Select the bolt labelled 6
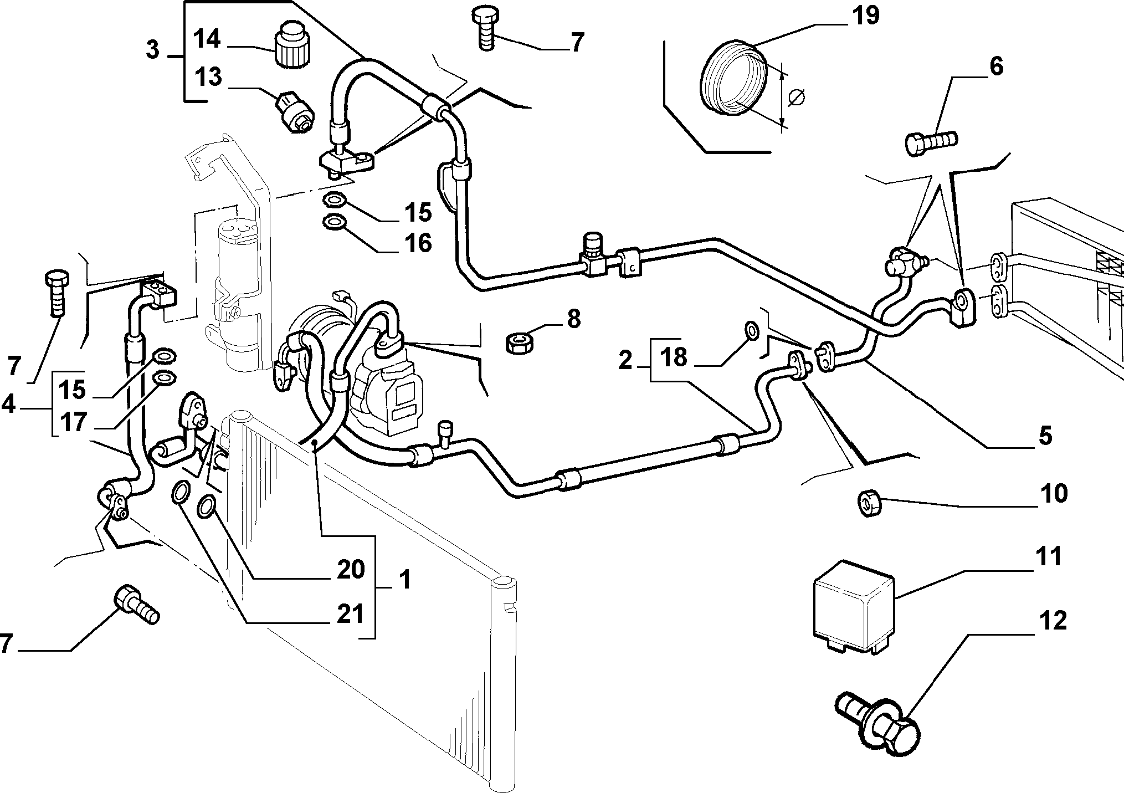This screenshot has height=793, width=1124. click(x=931, y=142)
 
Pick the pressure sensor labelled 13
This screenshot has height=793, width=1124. click(x=294, y=112)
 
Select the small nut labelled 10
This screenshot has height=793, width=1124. click(x=869, y=502)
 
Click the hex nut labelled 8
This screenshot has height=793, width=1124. click(x=521, y=342)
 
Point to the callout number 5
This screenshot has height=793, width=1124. click(x=1044, y=436)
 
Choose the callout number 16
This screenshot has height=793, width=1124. click(x=418, y=242)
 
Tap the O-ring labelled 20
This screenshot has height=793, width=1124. click(x=207, y=506)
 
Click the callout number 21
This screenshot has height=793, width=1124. click(x=350, y=615)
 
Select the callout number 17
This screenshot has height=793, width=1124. click(x=73, y=422)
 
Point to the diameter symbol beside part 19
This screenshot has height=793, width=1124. click(x=795, y=98)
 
